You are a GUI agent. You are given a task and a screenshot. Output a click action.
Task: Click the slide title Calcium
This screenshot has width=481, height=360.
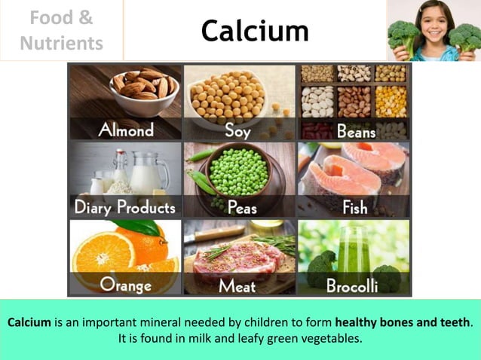[255, 31]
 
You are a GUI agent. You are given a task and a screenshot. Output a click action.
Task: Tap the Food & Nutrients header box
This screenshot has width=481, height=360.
[62, 31]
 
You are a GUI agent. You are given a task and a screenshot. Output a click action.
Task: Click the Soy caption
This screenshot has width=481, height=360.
[237, 130]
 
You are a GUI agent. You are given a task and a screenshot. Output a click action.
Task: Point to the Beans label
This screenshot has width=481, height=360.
[355, 131]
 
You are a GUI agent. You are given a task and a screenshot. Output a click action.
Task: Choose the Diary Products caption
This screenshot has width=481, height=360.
[124, 206]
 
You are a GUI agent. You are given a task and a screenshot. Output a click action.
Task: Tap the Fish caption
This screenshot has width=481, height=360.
[355, 207]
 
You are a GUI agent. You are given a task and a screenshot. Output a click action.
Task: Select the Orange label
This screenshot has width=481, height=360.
[125, 285]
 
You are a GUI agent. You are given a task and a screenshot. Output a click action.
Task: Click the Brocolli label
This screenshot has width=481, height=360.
[353, 285]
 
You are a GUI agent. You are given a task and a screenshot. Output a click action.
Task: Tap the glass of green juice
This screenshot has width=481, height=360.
[353, 252]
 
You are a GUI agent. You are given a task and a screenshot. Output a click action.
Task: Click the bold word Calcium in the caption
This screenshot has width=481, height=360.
[29, 322]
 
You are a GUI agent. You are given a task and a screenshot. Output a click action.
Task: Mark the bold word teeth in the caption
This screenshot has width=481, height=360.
[455, 322]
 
